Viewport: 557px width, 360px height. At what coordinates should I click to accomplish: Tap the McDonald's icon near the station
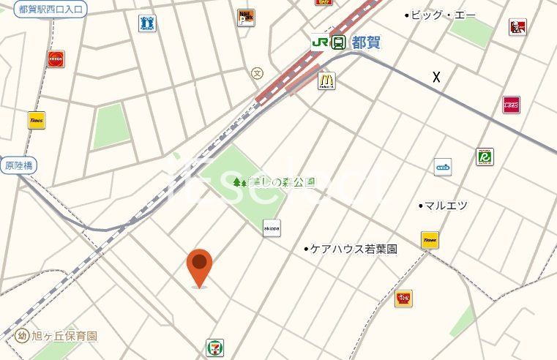coord(326,80)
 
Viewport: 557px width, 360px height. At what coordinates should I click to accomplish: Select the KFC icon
coord(517,28)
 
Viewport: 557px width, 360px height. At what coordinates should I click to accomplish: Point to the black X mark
coord(437,77)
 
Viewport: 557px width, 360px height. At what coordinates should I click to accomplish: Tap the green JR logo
coord(319,42)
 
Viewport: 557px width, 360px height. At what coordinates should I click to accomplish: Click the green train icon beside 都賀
coord(339,42)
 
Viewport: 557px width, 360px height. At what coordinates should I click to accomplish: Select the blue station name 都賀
coord(366,42)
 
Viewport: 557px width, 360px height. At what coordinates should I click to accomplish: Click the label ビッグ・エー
coord(442,15)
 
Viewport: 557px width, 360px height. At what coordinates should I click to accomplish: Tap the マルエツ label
coord(445,206)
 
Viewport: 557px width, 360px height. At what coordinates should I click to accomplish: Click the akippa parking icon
coord(272,228)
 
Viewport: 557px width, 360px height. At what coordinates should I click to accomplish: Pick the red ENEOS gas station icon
coord(56,59)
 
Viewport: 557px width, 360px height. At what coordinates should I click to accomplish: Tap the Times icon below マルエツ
coord(430,240)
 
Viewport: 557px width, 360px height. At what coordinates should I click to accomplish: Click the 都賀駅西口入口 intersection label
coord(50,10)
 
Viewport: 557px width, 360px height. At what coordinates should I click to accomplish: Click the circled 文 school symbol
coord(257,73)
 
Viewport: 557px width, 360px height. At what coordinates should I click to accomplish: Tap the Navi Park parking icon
coord(246,18)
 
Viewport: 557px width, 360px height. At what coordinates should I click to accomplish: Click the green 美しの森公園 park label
coord(274,182)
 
